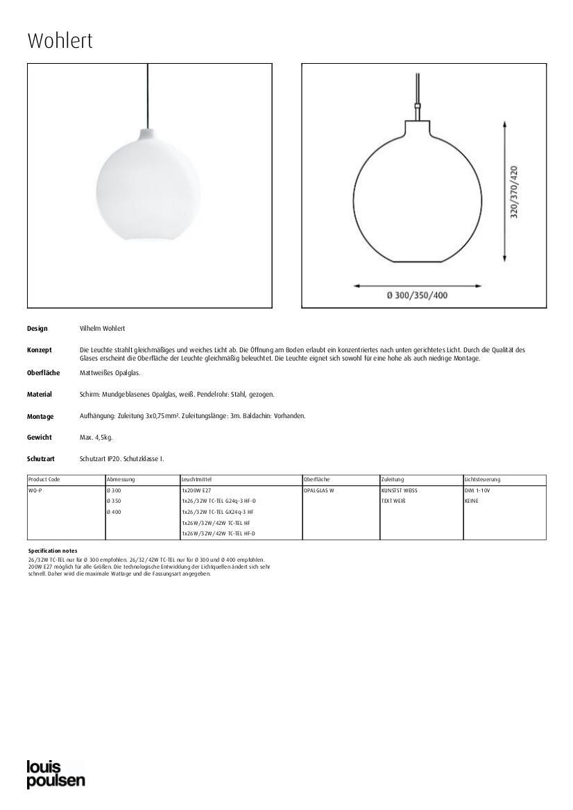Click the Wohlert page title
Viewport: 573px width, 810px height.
pyautogui.click(x=60, y=41)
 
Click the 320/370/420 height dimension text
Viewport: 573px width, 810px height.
pyautogui.click(x=514, y=192)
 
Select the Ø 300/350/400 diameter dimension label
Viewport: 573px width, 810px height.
pyautogui.click(x=417, y=295)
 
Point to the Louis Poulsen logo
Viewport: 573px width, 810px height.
pyautogui.click(x=55, y=774)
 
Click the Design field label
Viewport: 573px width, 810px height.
pyautogui.click(x=37, y=328)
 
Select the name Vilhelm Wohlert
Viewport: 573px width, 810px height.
pyautogui.click(x=102, y=328)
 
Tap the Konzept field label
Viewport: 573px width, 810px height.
pyautogui.click(x=40, y=350)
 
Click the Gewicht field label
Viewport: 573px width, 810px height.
pyautogui.click(x=40, y=438)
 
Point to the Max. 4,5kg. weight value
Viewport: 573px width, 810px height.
pyautogui.click(x=96, y=438)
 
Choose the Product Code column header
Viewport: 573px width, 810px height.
pyautogui.click(x=44, y=479)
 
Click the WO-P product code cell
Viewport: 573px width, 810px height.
pyautogui.click(x=35, y=490)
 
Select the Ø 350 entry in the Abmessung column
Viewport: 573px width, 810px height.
pyautogui.click(x=114, y=501)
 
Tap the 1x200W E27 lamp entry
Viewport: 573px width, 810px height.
pyautogui.click(x=196, y=490)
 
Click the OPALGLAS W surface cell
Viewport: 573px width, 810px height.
pyautogui.click(x=319, y=490)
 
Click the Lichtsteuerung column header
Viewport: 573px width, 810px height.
pyautogui.click(x=483, y=479)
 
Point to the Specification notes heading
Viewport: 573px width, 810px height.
pyautogui.click(x=53, y=551)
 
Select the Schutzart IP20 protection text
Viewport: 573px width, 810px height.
pyautogui.click(x=121, y=459)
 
